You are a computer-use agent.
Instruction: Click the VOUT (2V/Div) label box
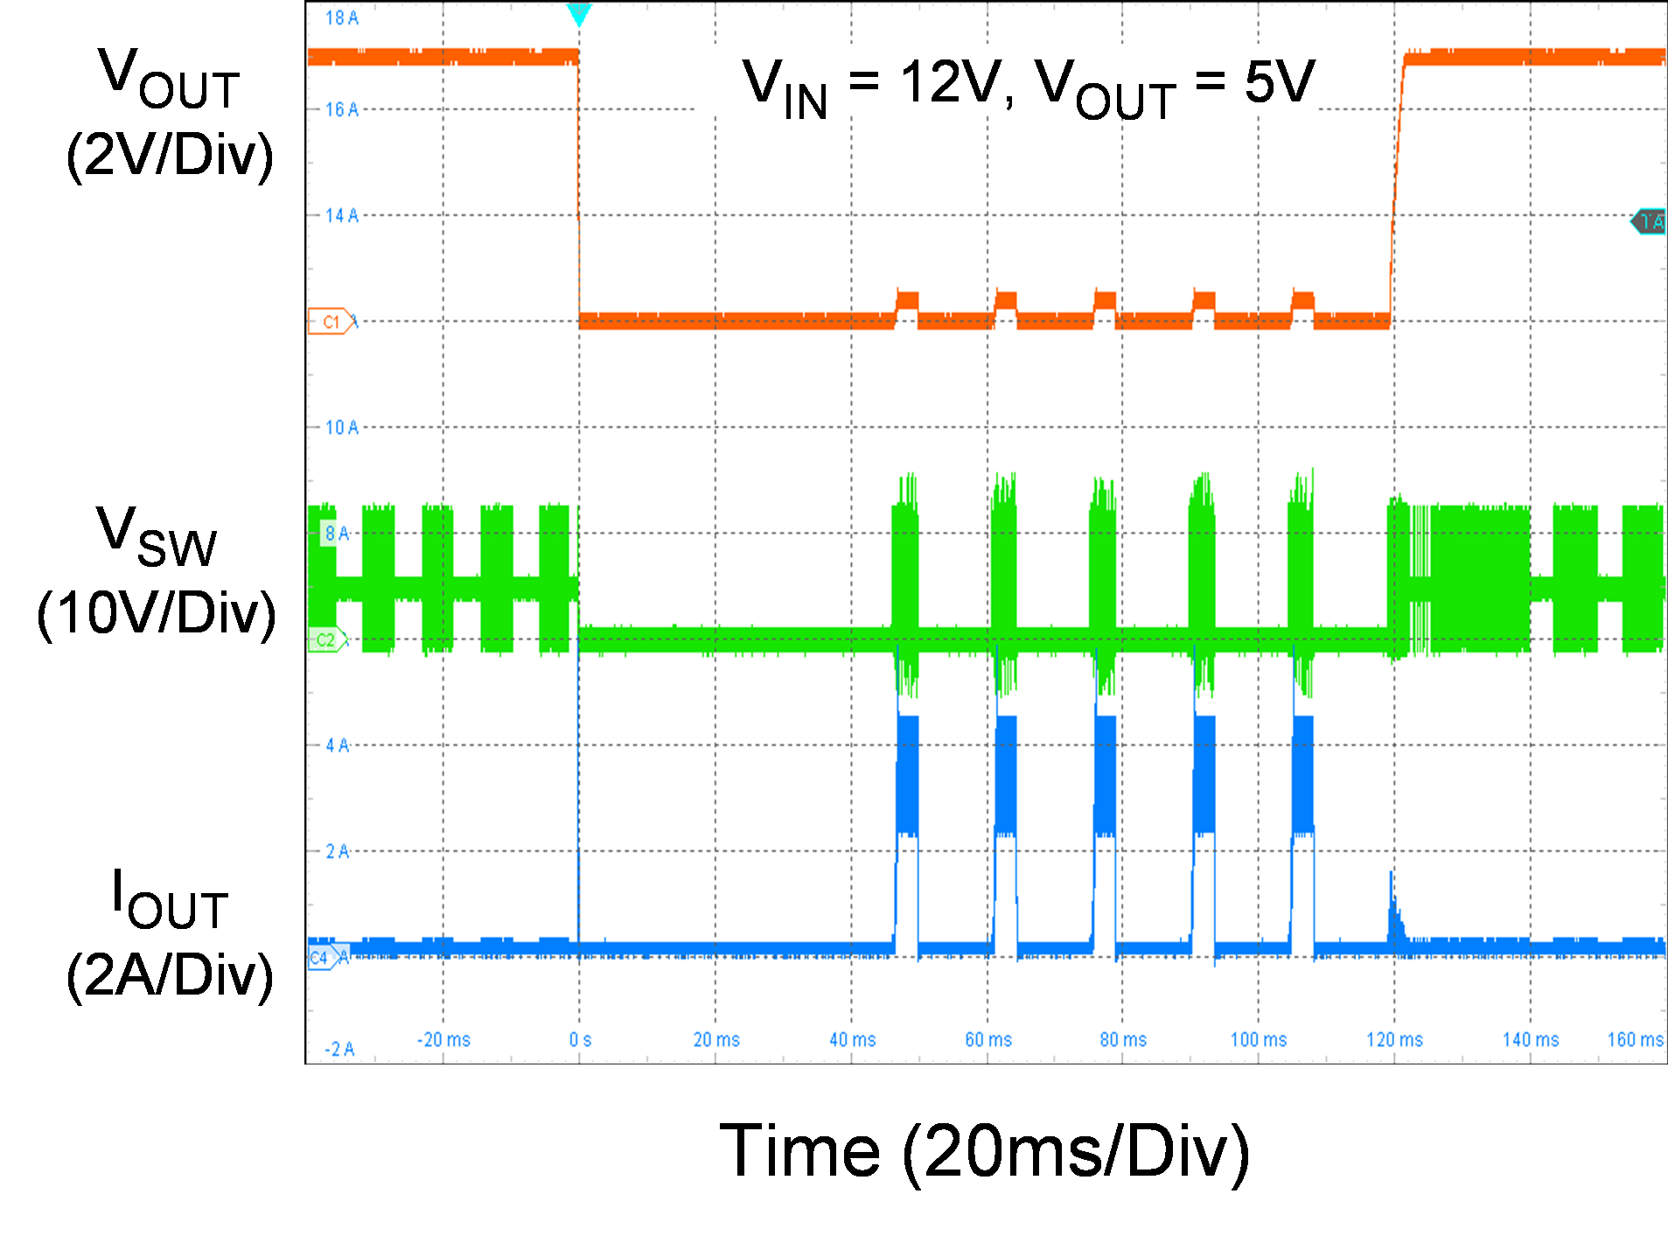pyautogui.click(x=170, y=110)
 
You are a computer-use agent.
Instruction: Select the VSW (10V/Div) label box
pyautogui.click(x=157, y=569)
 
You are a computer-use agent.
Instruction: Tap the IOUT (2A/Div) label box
pyautogui.click(x=170, y=930)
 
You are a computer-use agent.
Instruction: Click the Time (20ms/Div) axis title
pyautogui.click(x=985, y=1149)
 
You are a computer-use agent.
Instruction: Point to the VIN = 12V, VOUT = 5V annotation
pyautogui.click(x=1028, y=86)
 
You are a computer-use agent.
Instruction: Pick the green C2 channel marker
pyautogui.click(x=326, y=640)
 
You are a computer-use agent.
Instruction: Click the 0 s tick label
pyautogui.click(x=580, y=1040)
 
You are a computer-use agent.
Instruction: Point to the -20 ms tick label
pyautogui.click(x=443, y=1040)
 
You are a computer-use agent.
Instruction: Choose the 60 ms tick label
pyautogui.click(x=988, y=1040)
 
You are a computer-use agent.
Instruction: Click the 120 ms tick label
pyautogui.click(x=1394, y=1040)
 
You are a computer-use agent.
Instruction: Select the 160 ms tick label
pyautogui.click(x=1634, y=1040)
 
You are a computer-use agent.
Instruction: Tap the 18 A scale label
pyautogui.click(x=341, y=17)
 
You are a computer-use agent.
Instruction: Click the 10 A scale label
pyautogui.click(x=341, y=428)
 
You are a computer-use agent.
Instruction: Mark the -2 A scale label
pyautogui.click(x=339, y=1049)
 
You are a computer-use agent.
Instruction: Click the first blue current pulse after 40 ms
pyautogui.click(x=908, y=774)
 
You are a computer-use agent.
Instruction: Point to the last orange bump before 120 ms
pyautogui.click(x=1303, y=301)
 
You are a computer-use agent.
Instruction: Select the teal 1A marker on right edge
pyautogui.click(x=1649, y=222)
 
